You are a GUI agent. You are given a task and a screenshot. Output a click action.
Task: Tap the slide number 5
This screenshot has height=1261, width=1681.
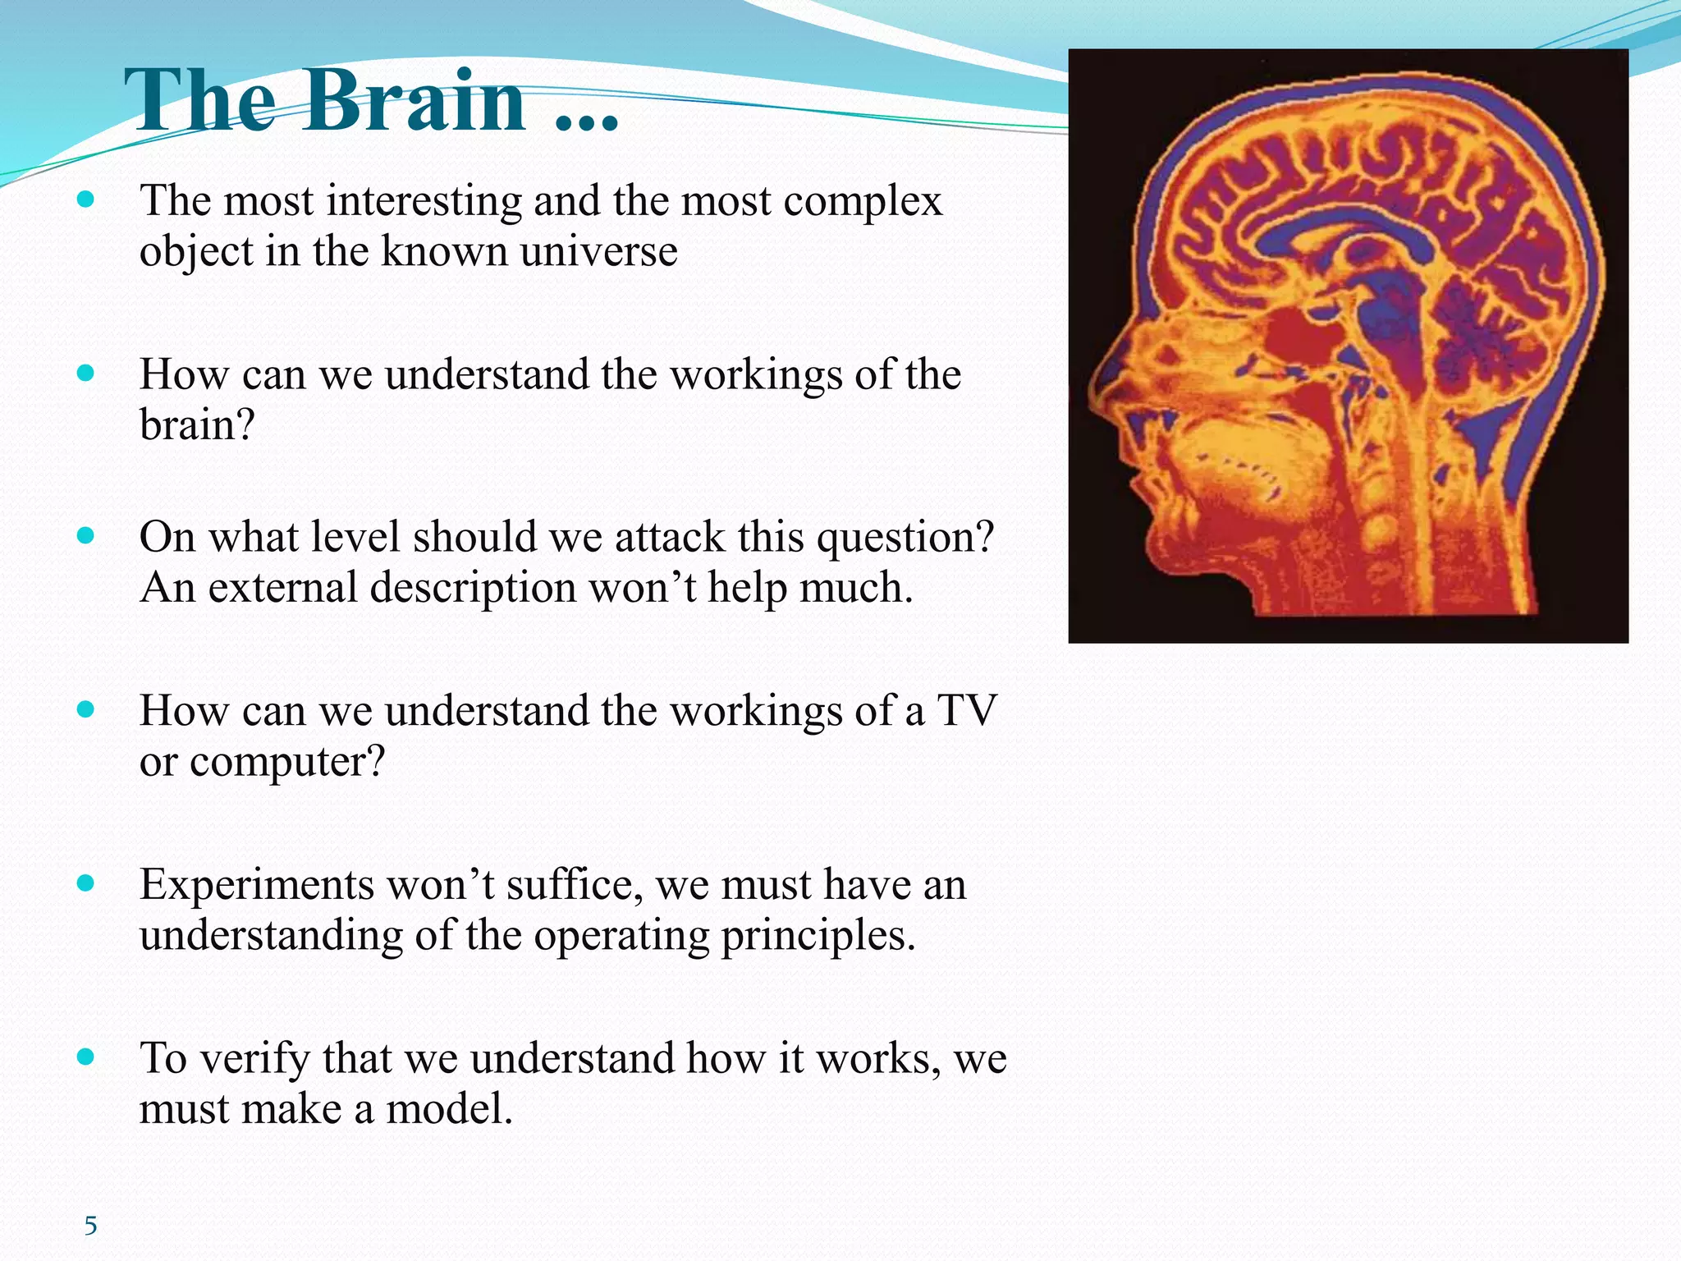90,1226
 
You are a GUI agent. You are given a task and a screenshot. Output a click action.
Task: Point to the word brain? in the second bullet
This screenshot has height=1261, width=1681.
197,425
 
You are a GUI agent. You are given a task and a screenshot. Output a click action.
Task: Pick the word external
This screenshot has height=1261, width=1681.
282,588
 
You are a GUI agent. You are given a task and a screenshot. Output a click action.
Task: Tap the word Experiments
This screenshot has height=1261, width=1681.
256,885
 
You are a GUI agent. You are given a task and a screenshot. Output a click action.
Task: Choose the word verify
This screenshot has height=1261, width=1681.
254,1058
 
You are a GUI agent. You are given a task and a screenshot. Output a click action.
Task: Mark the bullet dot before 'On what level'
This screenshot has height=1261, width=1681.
85,536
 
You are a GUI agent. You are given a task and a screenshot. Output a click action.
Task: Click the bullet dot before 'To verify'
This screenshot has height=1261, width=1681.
85,1057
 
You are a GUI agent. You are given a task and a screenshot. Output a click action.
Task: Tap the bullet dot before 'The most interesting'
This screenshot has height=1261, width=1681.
85,199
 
